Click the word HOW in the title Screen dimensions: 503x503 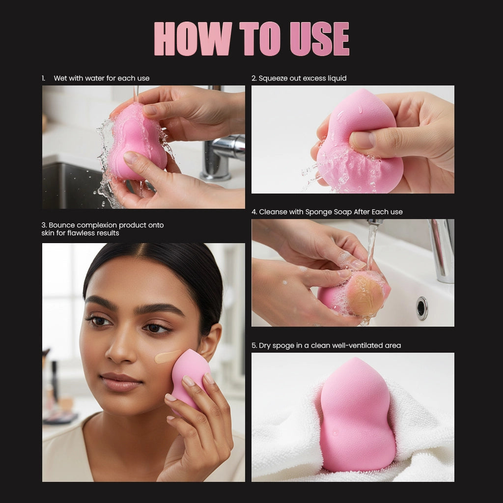pyautogui.click(x=193, y=39)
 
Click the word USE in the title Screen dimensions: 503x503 pyautogui.click(x=319, y=39)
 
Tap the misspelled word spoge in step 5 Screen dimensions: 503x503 pyautogui.click(x=279, y=345)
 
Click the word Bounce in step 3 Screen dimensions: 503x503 pyautogui.click(x=62, y=225)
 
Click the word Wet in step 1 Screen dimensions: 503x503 pyautogui.click(x=60, y=78)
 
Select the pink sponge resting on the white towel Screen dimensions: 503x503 pyautogui.click(x=356, y=418)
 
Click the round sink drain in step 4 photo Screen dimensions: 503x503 pyautogui.click(x=422, y=308)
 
